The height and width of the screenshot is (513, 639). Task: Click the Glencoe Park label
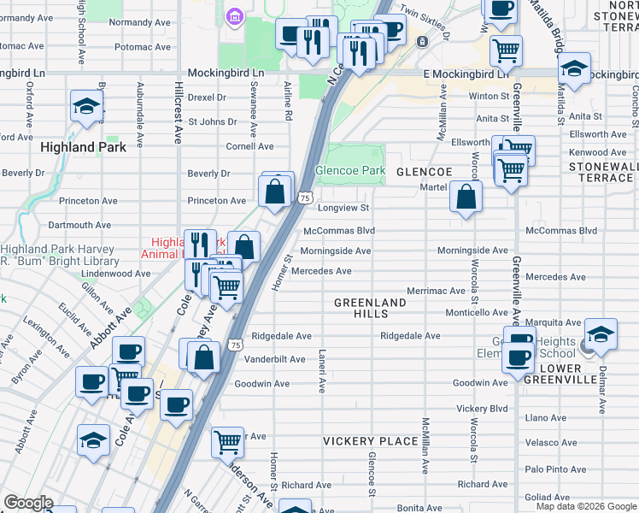click(x=350, y=170)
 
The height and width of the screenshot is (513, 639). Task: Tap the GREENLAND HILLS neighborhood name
click(x=370, y=309)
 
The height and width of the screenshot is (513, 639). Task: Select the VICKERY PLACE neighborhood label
click(x=370, y=441)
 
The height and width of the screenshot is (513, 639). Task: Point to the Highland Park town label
click(x=84, y=147)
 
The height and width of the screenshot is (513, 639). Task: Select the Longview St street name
click(x=343, y=208)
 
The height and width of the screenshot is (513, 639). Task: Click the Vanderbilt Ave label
click(x=274, y=360)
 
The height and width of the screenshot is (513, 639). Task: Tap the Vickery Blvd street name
click(x=482, y=409)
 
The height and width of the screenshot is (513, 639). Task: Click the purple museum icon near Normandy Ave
click(x=232, y=16)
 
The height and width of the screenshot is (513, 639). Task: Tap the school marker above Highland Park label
click(x=87, y=106)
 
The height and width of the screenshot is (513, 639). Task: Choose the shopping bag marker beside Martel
click(x=466, y=198)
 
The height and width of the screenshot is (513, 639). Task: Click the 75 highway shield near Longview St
click(x=305, y=198)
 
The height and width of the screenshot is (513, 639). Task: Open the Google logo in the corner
click(x=28, y=503)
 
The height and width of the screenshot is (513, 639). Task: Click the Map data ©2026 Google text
click(x=586, y=506)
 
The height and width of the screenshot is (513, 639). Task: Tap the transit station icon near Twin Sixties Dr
click(x=421, y=41)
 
